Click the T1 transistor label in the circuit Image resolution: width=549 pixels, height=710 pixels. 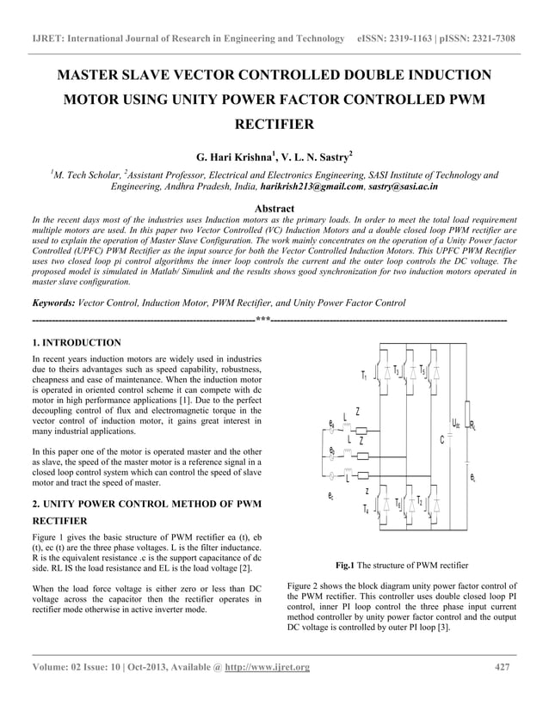365,376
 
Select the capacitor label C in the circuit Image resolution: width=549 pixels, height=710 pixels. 441,440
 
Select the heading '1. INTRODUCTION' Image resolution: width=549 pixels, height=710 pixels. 76,342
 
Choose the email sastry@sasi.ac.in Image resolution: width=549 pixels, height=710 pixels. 404,186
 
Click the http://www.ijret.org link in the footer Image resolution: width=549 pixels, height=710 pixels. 267,668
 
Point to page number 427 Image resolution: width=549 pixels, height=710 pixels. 505,668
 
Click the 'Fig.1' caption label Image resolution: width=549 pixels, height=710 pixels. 345,566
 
